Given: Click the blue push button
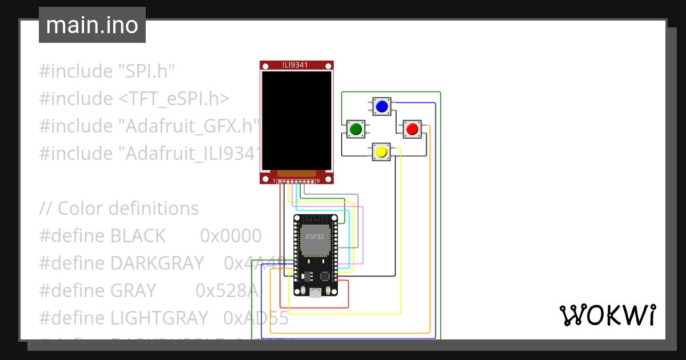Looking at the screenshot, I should [x=382, y=106].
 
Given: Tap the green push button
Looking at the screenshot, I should [x=356, y=129].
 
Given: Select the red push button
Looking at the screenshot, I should [x=412, y=129].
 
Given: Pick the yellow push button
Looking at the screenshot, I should [x=381, y=152].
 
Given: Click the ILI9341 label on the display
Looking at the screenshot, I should [x=296, y=65].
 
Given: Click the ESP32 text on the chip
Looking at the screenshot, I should [x=314, y=236].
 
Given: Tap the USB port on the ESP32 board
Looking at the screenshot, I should [x=315, y=293].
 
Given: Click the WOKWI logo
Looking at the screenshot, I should [x=607, y=315].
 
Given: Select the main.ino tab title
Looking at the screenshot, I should [x=92, y=25].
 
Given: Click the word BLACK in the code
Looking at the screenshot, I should [x=138, y=235].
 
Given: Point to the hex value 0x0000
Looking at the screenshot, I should [x=230, y=235].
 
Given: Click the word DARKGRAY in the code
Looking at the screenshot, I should [x=157, y=263].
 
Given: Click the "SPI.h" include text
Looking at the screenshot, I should [x=146, y=71].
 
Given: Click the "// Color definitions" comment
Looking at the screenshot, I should [x=119, y=208].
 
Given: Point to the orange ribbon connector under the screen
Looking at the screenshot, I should [x=296, y=173].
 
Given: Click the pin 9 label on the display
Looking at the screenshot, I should [x=318, y=181].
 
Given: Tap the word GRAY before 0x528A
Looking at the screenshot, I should [x=133, y=290].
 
